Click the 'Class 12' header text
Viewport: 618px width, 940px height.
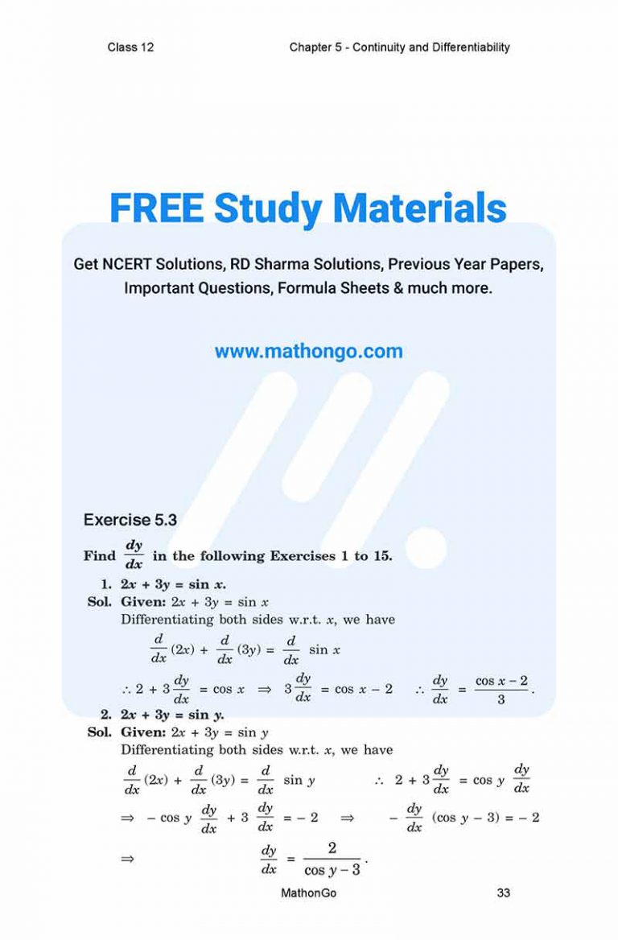click(x=130, y=47)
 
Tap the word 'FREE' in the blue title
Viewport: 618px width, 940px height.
click(x=156, y=208)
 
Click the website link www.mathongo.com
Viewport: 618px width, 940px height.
click(x=309, y=352)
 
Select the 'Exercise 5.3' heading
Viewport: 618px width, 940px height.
click(x=130, y=520)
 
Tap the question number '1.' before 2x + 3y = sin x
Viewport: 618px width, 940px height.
click(x=106, y=584)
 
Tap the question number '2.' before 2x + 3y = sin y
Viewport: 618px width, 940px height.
click(x=106, y=714)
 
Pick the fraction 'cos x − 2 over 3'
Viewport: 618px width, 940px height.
click(x=501, y=690)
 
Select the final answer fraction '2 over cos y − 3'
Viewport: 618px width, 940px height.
click(x=332, y=859)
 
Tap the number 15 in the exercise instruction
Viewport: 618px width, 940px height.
click(x=381, y=556)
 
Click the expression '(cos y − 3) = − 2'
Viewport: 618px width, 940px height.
click(x=485, y=818)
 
